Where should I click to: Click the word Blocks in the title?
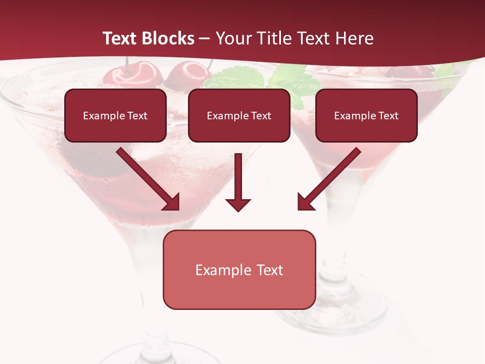(169, 38)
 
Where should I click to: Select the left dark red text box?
(115, 116)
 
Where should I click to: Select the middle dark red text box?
(239, 116)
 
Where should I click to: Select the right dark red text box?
(366, 116)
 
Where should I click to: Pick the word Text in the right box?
(389, 116)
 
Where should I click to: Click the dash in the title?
(205, 38)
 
